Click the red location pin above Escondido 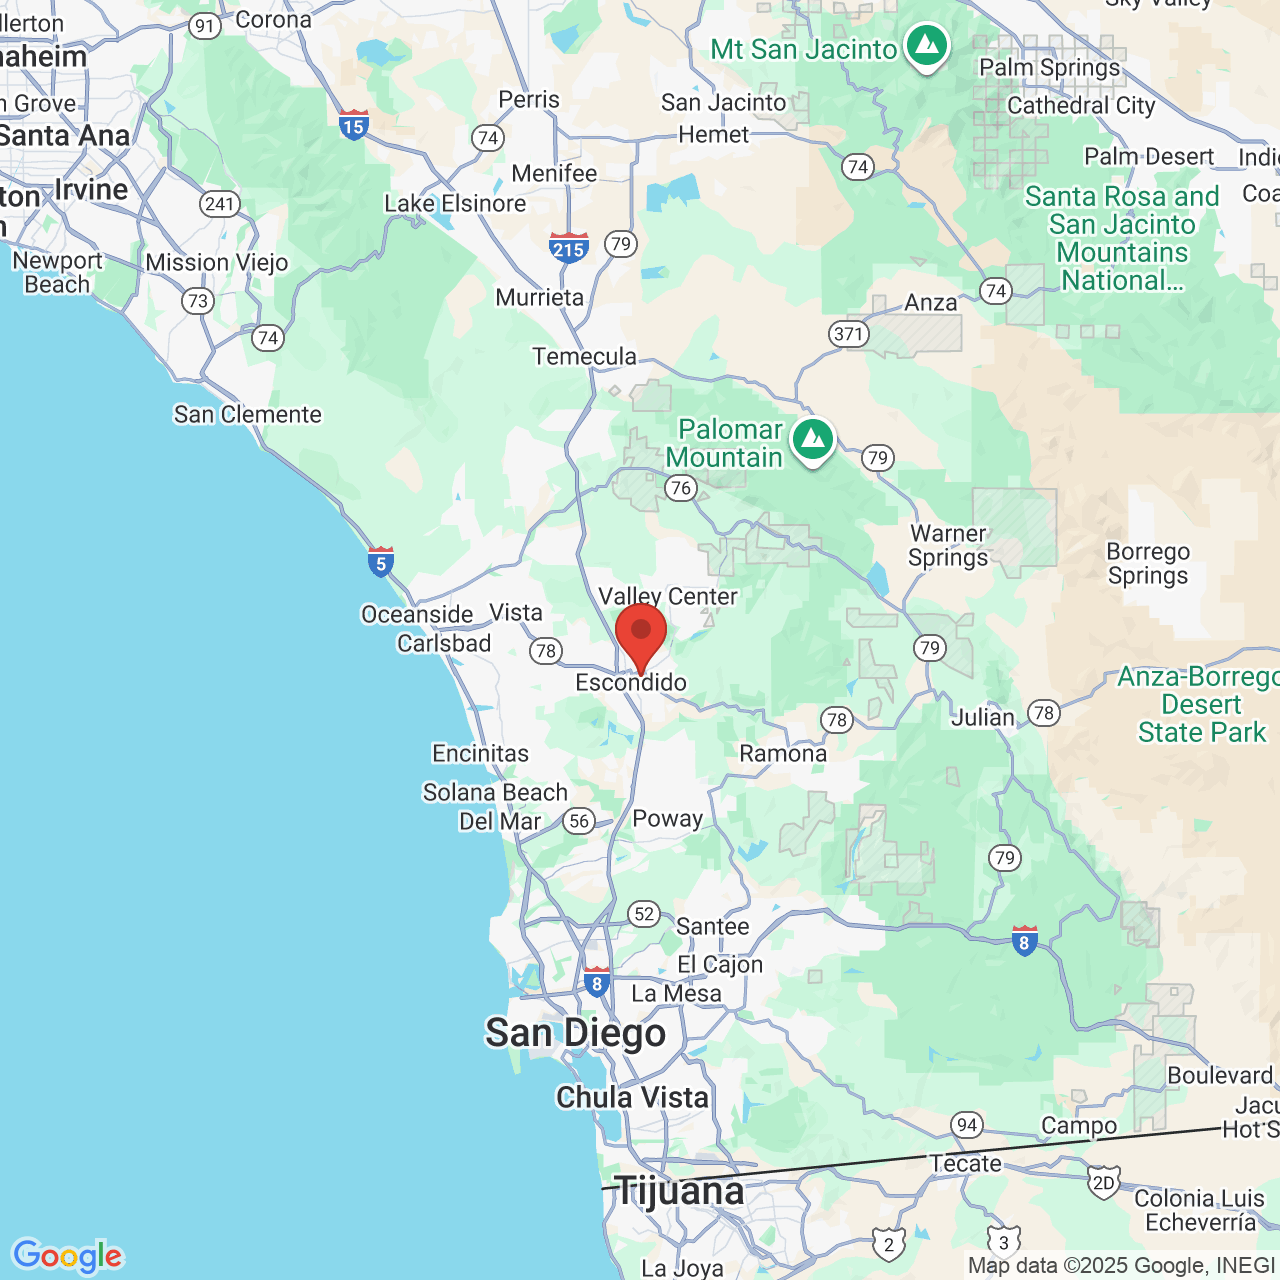(x=641, y=633)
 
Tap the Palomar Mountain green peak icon (x=813, y=439)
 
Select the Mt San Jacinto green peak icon (x=927, y=45)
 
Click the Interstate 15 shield (x=353, y=125)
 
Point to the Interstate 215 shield (x=568, y=247)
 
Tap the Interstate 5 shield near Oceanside (x=380, y=562)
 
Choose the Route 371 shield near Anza (x=848, y=333)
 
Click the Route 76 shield (x=681, y=488)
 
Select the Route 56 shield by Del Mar (x=579, y=821)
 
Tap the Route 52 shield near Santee (x=644, y=913)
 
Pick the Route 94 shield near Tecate (x=966, y=1124)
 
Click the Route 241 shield (x=219, y=204)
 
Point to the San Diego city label (x=575, y=1033)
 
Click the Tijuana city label (x=679, y=1191)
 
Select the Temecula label (x=584, y=357)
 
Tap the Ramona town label (x=783, y=754)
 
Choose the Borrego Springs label (x=1148, y=563)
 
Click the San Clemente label (x=248, y=414)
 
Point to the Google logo (x=67, y=1256)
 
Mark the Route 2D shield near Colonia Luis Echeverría (x=1103, y=1184)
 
